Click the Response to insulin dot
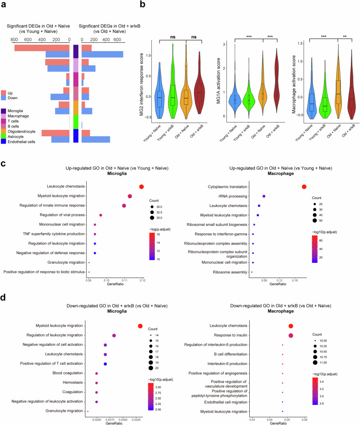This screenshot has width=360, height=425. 291,336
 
